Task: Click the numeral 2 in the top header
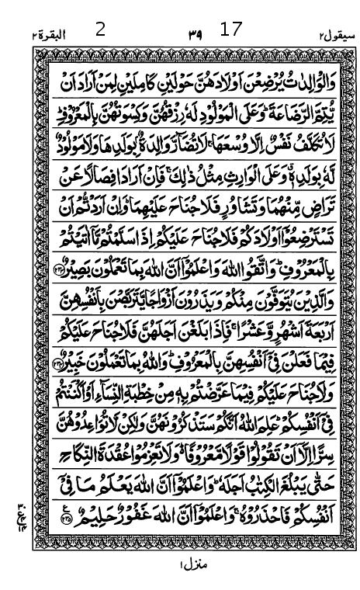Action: click(x=100, y=30)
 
